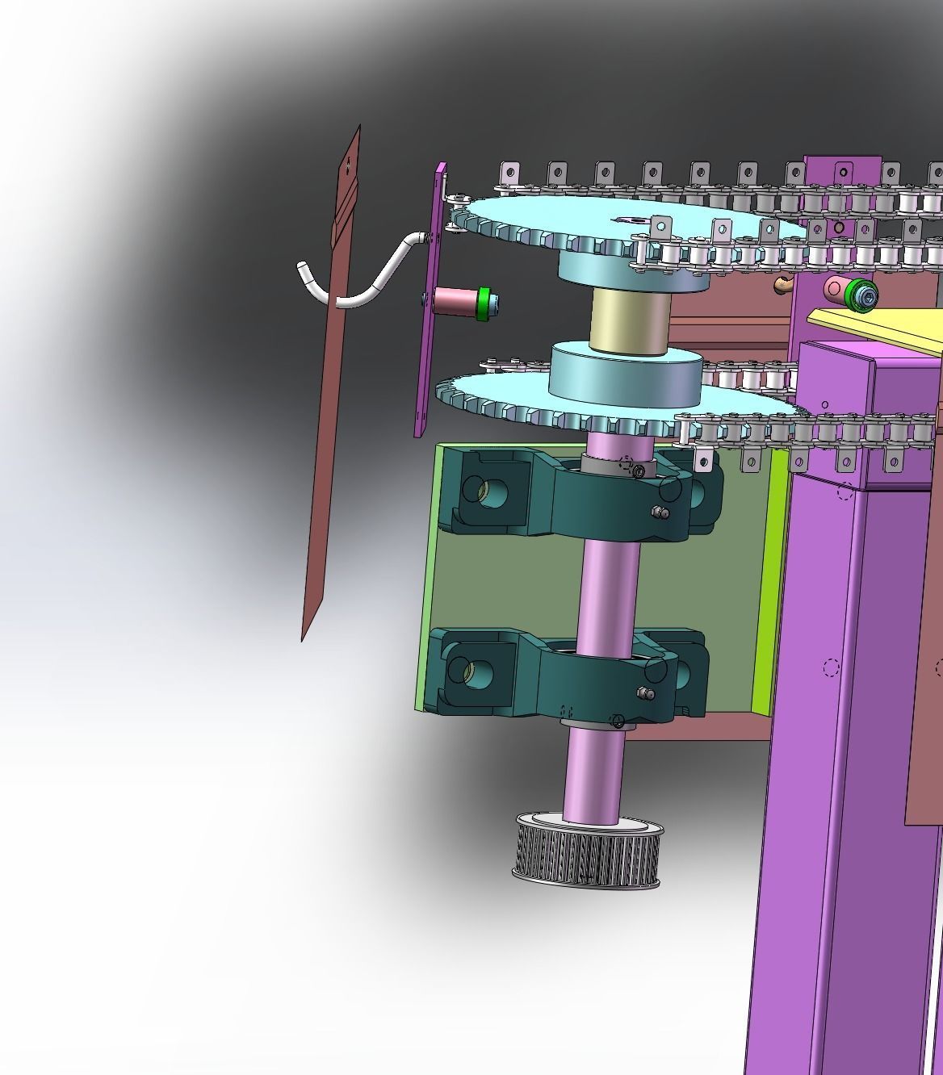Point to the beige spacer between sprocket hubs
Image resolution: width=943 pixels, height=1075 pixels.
[x=630, y=320]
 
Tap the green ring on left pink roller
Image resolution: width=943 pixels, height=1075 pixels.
[x=484, y=303]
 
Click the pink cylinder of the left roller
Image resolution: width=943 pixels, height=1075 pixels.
[x=455, y=301]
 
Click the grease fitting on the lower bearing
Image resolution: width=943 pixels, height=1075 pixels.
[x=644, y=692]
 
